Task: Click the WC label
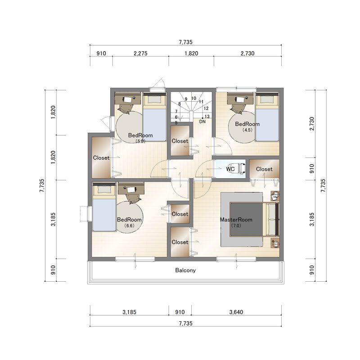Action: [x=230, y=169]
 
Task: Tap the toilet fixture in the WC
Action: [x=241, y=169]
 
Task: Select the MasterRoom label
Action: [x=236, y=220]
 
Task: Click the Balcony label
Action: [x=185, y=270]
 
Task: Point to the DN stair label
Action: [x=202, y=121]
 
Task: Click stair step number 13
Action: [x=207, y=117]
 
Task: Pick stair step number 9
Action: [x=186, y=99]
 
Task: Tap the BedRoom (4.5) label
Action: [x=247, y=126]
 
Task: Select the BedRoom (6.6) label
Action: [x=129, y=222]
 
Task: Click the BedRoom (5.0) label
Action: [x=140, y=138]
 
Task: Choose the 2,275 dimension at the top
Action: [x=140, y=54]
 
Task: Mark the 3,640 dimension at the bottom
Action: [x=236, y=312]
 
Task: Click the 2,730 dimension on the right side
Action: [x=312, y=123]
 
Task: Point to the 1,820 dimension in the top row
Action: [x=192, y=54]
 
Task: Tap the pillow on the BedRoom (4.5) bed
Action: [x=267, y=99]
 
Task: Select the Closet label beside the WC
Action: [x=264, y=169]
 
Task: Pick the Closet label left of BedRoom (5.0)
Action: [x=101, y=158]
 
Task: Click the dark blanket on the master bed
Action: [x=246, y=219]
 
